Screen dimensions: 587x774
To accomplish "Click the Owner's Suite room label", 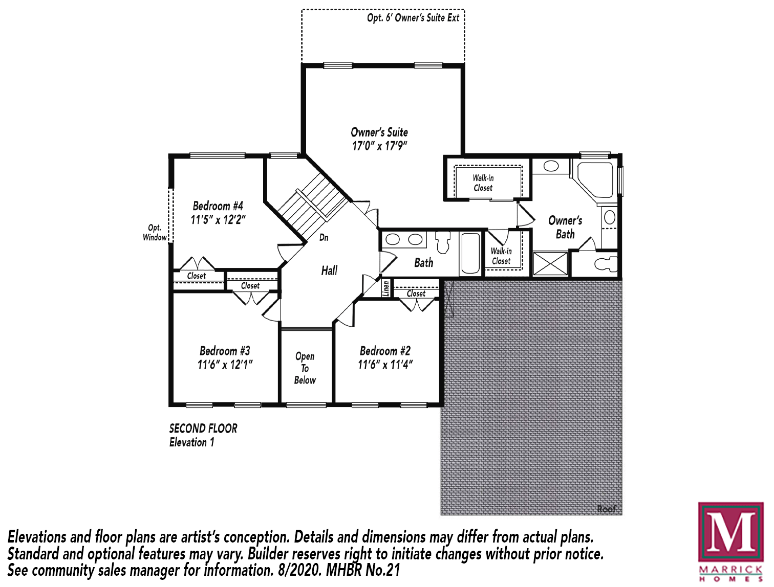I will (379, 132).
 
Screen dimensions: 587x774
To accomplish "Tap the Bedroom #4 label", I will (218, 206).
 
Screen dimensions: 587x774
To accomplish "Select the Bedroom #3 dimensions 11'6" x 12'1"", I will (225, 365).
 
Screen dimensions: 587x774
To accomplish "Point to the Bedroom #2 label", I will (385, 351).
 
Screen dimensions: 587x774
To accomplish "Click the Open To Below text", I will (305, 368).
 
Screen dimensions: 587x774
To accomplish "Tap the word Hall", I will (329, 270).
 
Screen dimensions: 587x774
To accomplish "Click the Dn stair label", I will (324, 237).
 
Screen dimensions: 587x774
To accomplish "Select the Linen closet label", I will (386, 288).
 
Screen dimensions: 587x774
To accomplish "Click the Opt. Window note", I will (155, 232).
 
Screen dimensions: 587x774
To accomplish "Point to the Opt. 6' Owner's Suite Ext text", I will (413, 18).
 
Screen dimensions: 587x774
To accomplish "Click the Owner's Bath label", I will (565, 227).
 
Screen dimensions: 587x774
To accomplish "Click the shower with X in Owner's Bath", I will (550, 263).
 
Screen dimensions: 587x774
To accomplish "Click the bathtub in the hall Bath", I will (470, 253).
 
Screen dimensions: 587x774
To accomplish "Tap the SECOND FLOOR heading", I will (203, 428).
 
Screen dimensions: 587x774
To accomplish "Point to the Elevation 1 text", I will (191, 442).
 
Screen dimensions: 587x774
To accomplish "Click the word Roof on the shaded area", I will (607, 509).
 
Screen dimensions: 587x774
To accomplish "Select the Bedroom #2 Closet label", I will (416, 293).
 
